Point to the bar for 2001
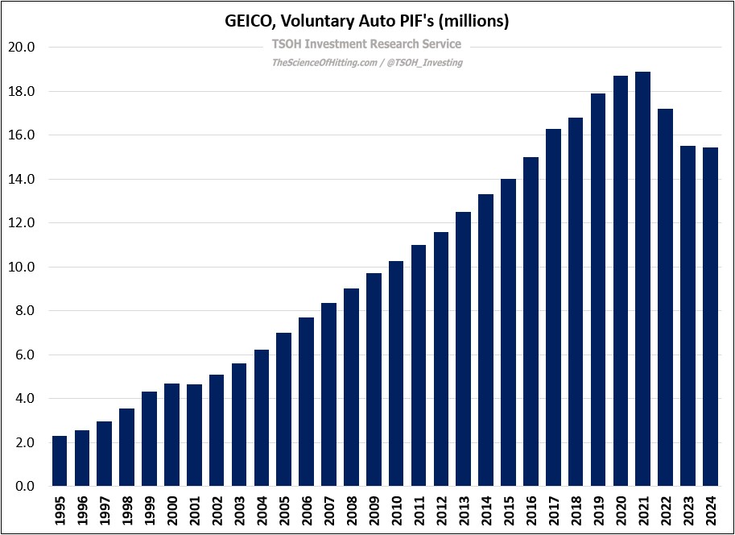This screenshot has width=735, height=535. click(194, 435)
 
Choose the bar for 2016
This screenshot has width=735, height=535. click(531, 321)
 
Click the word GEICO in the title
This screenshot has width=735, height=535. click(248, 22)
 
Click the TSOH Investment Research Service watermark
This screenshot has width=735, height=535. click(367, 44)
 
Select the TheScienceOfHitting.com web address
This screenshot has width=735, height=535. click(324, 63)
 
